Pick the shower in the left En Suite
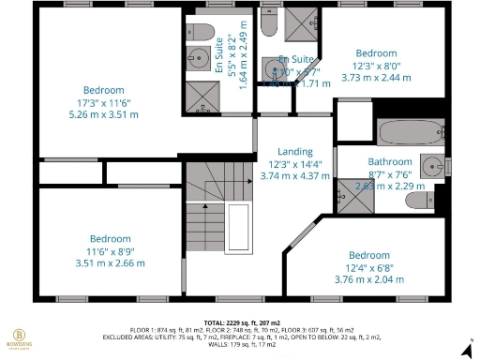click(x=199, y=94)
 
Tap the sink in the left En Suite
click(x=197, y=60)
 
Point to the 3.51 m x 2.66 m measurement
click(x=110, y=263)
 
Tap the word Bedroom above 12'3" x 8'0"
click(x=375, y=53)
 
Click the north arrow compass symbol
click(x=466, y=349)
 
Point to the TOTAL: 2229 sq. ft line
click(x=243, y=322)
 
